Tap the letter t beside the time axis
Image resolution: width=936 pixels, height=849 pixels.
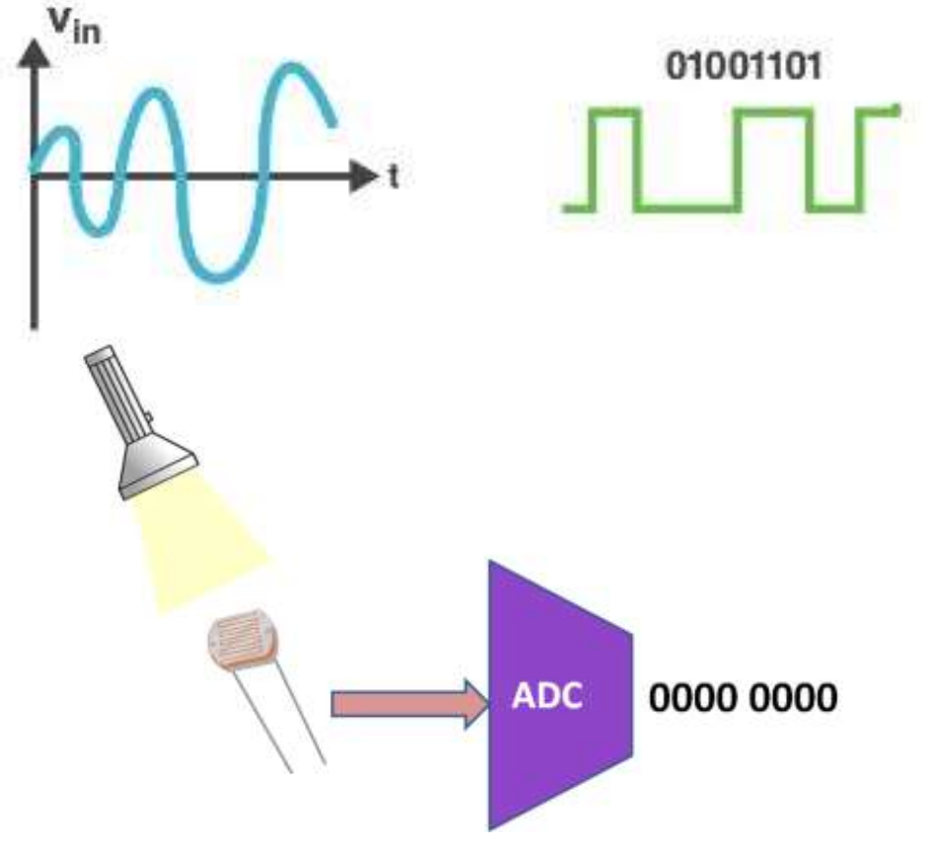coord(394,177)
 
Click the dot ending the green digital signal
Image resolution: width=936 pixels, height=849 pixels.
coord(895,108)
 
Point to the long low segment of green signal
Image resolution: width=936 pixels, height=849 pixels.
coord(687,207)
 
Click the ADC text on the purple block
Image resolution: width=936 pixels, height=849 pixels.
coord(547,695)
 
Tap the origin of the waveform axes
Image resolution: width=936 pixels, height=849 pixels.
coord(36,177)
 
